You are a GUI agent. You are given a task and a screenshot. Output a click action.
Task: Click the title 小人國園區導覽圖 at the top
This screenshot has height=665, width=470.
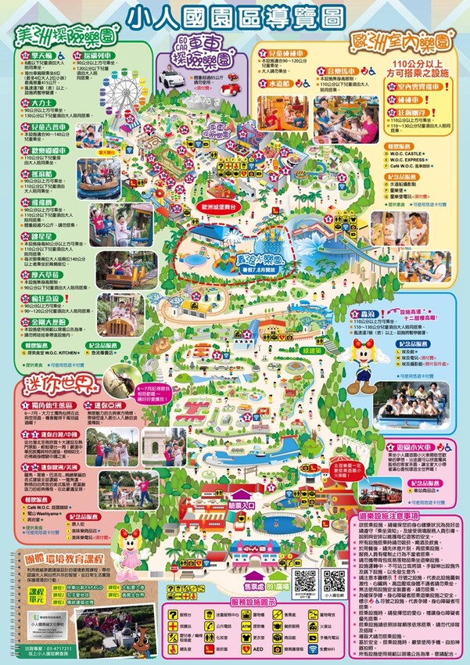[235, 16]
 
